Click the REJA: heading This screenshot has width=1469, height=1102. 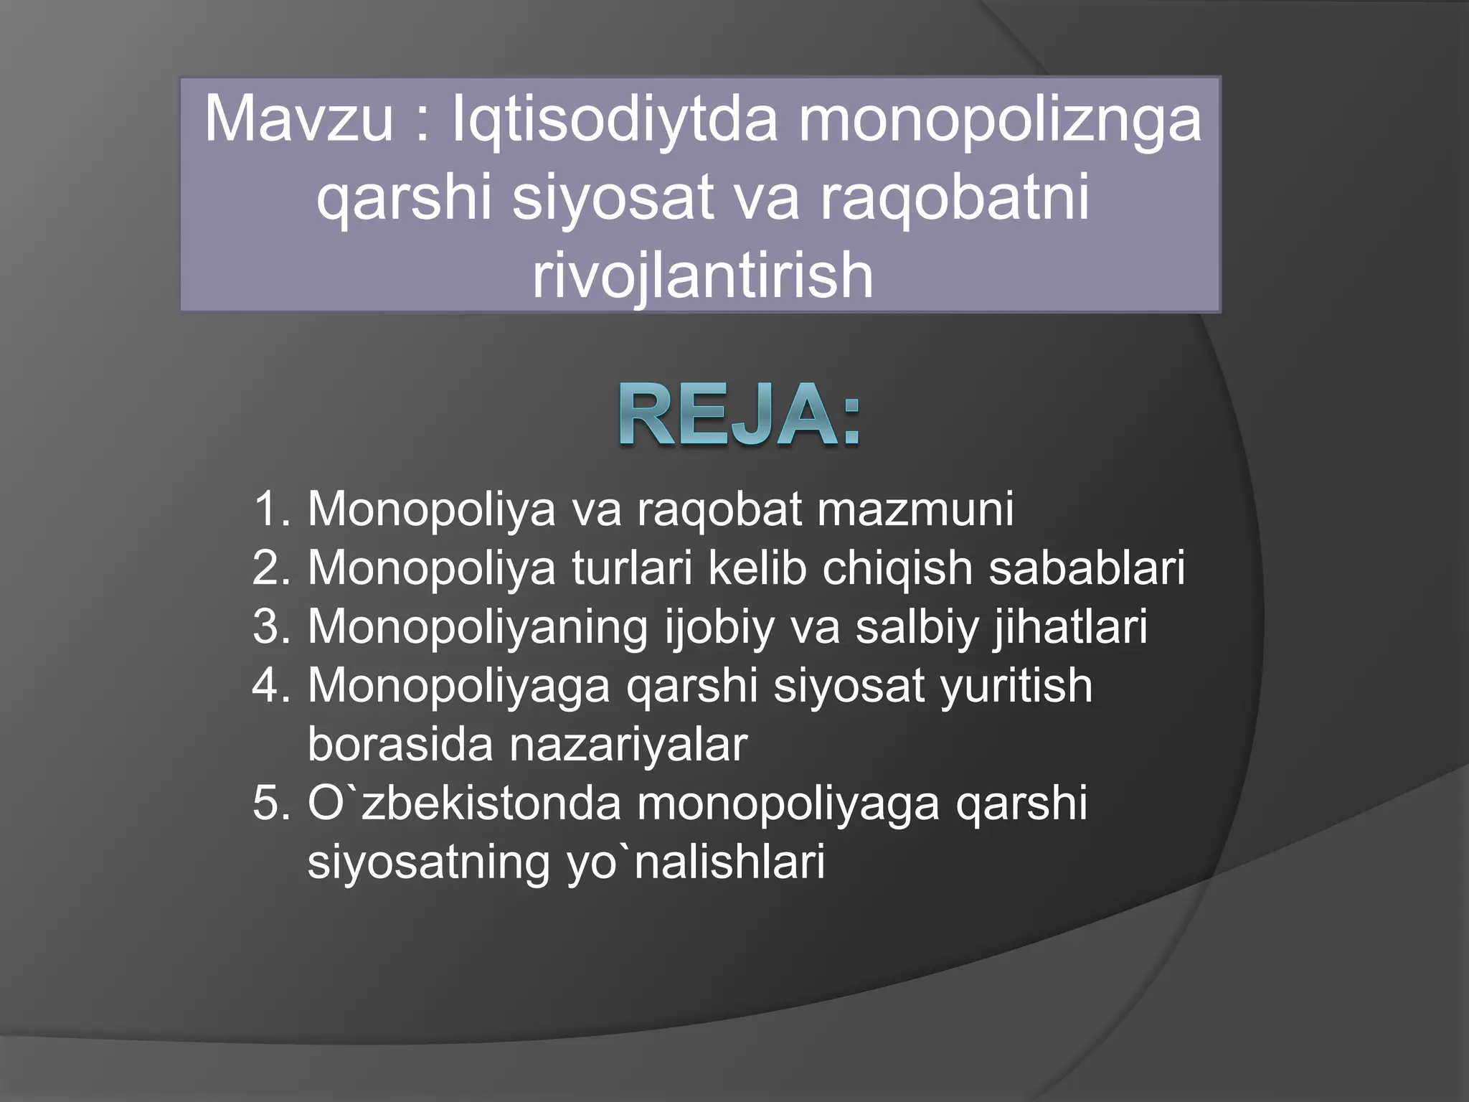point(739,415)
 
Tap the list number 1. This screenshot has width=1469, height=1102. point(271,509)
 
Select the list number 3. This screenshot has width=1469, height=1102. point(271,627)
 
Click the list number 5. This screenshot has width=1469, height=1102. point(271,804)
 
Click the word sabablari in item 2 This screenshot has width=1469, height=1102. point(1087,568)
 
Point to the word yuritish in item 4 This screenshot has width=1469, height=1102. point(1016,686)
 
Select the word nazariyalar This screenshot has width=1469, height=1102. point(628,745)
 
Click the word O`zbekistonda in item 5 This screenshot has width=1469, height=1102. point(464,804)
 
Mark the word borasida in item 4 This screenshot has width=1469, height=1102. point(400,745)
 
